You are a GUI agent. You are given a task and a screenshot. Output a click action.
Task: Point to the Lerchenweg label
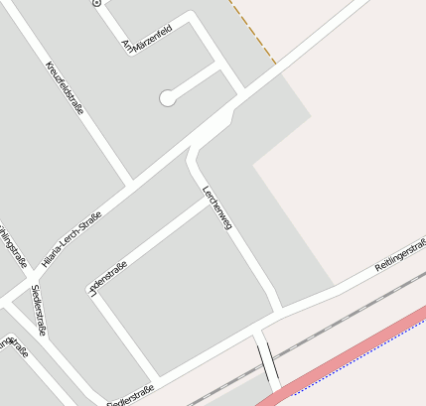tap(216, 208)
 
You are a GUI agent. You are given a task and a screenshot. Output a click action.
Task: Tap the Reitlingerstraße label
tap(400, 256)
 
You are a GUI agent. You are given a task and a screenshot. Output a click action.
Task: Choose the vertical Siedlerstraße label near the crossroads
tap(45, 309)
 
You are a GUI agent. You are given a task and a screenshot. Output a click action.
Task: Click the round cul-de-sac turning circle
tap(168, 97)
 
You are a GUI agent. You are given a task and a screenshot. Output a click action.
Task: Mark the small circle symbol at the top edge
tap(96, 3)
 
